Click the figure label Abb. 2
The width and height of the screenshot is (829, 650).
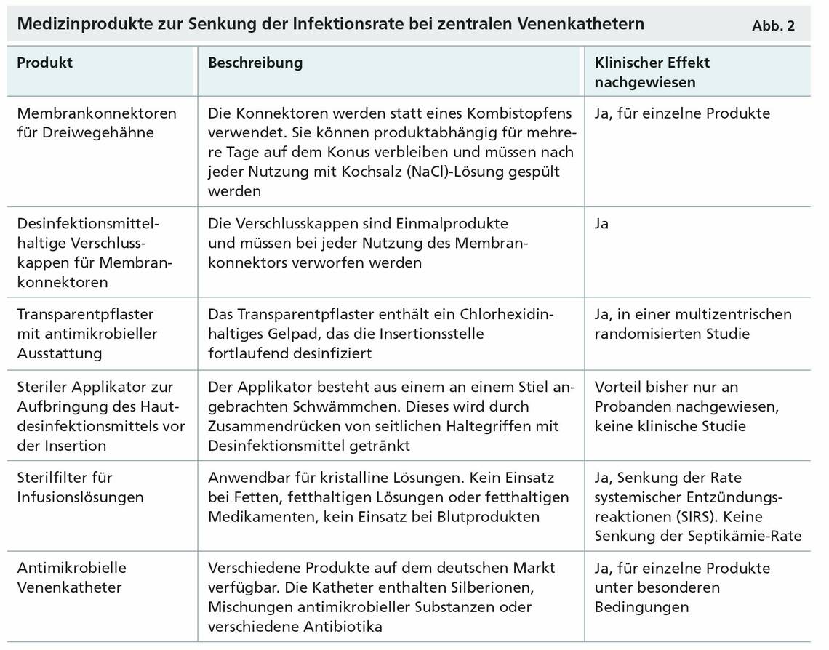coord(774,26)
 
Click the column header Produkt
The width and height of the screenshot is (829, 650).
coord(45,63)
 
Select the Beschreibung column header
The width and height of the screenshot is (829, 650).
coord(255,63)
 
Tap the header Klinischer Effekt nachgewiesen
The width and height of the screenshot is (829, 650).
coord(652,72)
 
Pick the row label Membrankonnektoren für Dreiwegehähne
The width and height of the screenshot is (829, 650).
coord(96,123)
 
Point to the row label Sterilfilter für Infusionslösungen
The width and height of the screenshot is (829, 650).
coord(80,487)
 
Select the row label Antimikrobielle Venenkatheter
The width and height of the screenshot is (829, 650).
coord(71,577)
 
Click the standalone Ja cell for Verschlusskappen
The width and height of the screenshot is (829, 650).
coord(601,223)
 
